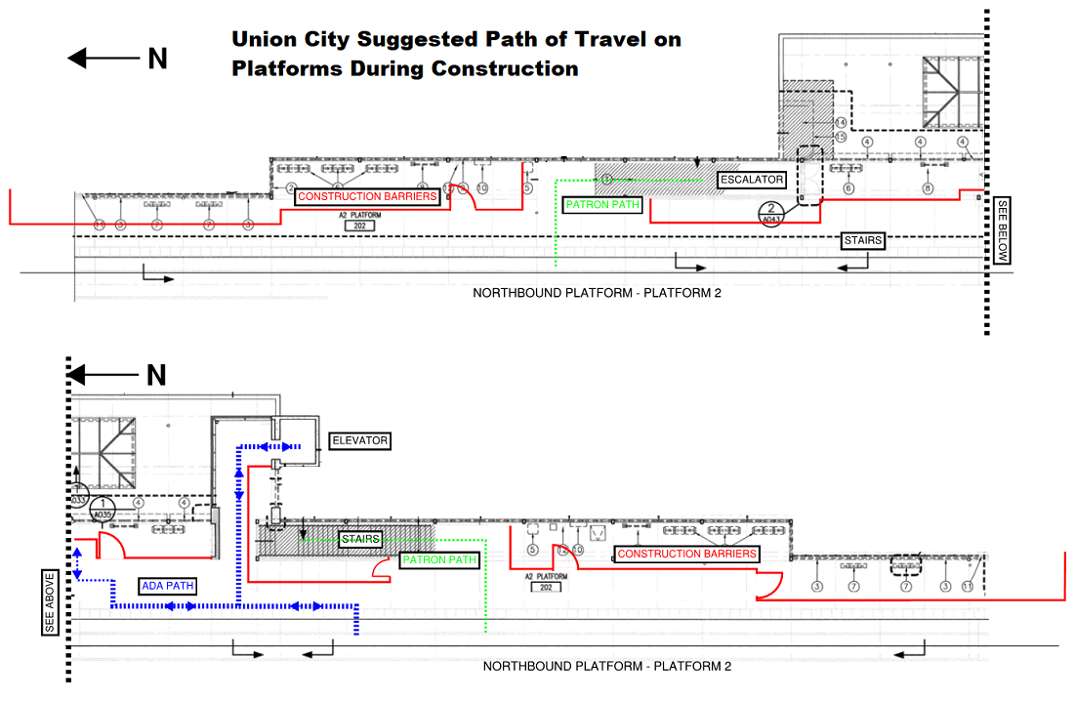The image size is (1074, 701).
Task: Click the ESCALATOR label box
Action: (x=752, y=180)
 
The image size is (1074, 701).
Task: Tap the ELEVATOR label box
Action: (x=359, y=441)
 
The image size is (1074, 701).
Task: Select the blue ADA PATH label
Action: (x=167, y=586)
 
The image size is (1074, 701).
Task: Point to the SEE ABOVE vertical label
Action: (x=51, y=601)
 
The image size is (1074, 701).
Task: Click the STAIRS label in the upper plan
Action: (x=864, y=240)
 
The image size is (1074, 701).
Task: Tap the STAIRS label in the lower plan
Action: (x=360, y=539)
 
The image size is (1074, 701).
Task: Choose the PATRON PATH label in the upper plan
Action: (x=602, y=205)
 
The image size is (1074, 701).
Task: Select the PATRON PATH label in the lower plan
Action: (x=438, y=560)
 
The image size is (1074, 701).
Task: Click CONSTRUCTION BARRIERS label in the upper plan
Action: (x=367, y=196)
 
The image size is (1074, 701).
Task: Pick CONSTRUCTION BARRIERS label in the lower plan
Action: (x=687, y=554)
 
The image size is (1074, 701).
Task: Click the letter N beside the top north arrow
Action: (x=157, y=59)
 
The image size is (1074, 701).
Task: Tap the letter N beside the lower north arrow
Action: (x=157, y=375)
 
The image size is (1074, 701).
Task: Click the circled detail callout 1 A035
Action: (x=102, y=508)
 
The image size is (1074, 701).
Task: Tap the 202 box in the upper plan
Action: (x=360, y=225)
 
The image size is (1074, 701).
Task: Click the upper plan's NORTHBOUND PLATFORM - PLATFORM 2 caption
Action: (x=597, y=292)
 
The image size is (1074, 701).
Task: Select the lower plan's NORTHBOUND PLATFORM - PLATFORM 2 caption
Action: (x=606, y=666)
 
